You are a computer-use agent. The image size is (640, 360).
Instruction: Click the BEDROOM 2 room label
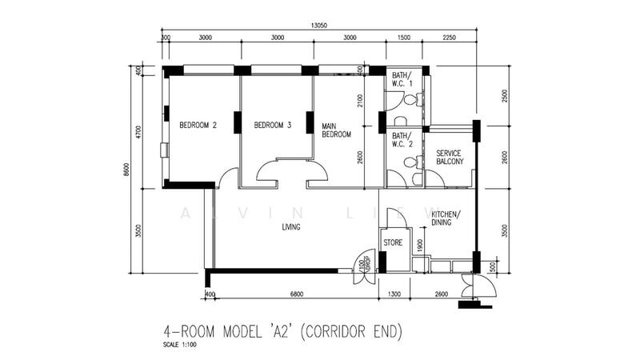[x=198, y=125]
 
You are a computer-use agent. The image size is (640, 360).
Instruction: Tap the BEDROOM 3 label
[x=272, y=125]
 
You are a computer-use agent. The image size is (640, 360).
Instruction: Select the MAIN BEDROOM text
[x=337, y=130]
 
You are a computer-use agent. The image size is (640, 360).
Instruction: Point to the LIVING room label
[x=291, y=226]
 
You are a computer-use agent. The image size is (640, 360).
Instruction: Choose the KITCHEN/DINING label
[x=446, y=219]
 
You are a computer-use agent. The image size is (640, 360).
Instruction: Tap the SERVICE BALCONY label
[x=450, y=157]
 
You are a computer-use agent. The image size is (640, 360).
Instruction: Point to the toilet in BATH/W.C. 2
[x=410, y=162]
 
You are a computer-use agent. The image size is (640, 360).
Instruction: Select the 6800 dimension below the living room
[x=297, y=296]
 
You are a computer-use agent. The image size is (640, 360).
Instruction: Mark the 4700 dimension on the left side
[x=139, y=132]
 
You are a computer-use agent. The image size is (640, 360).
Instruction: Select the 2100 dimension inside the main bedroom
[x=362, y=101]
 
